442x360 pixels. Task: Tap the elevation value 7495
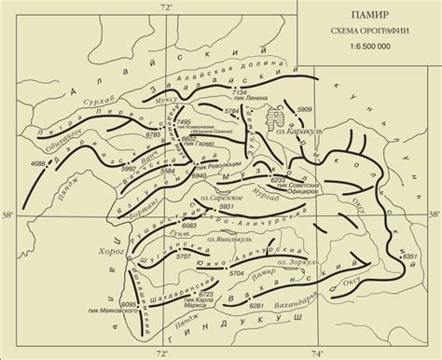point(183,122)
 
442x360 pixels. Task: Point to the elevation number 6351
point(408,256)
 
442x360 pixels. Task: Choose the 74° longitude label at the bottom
point(317,353)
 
